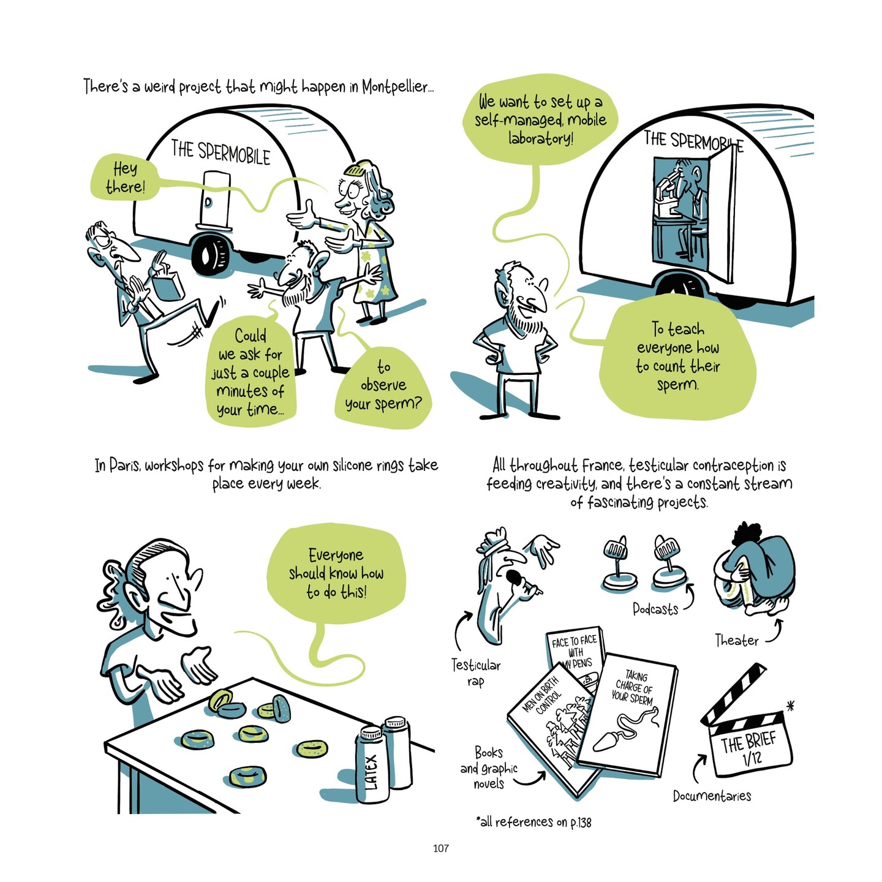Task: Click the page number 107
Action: point(440,848)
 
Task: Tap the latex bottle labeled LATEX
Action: point(372,765)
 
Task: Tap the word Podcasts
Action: point(655,609)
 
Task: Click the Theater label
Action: point(737,641)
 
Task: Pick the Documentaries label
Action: point(712,796)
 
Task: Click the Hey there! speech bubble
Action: point(125,178)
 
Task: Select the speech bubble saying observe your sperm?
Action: point(383,386)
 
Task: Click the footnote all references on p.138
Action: point(533,822)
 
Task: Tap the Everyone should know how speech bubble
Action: point(336,573)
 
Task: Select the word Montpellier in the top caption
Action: point(397,86)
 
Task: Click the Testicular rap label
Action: point(476,672)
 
